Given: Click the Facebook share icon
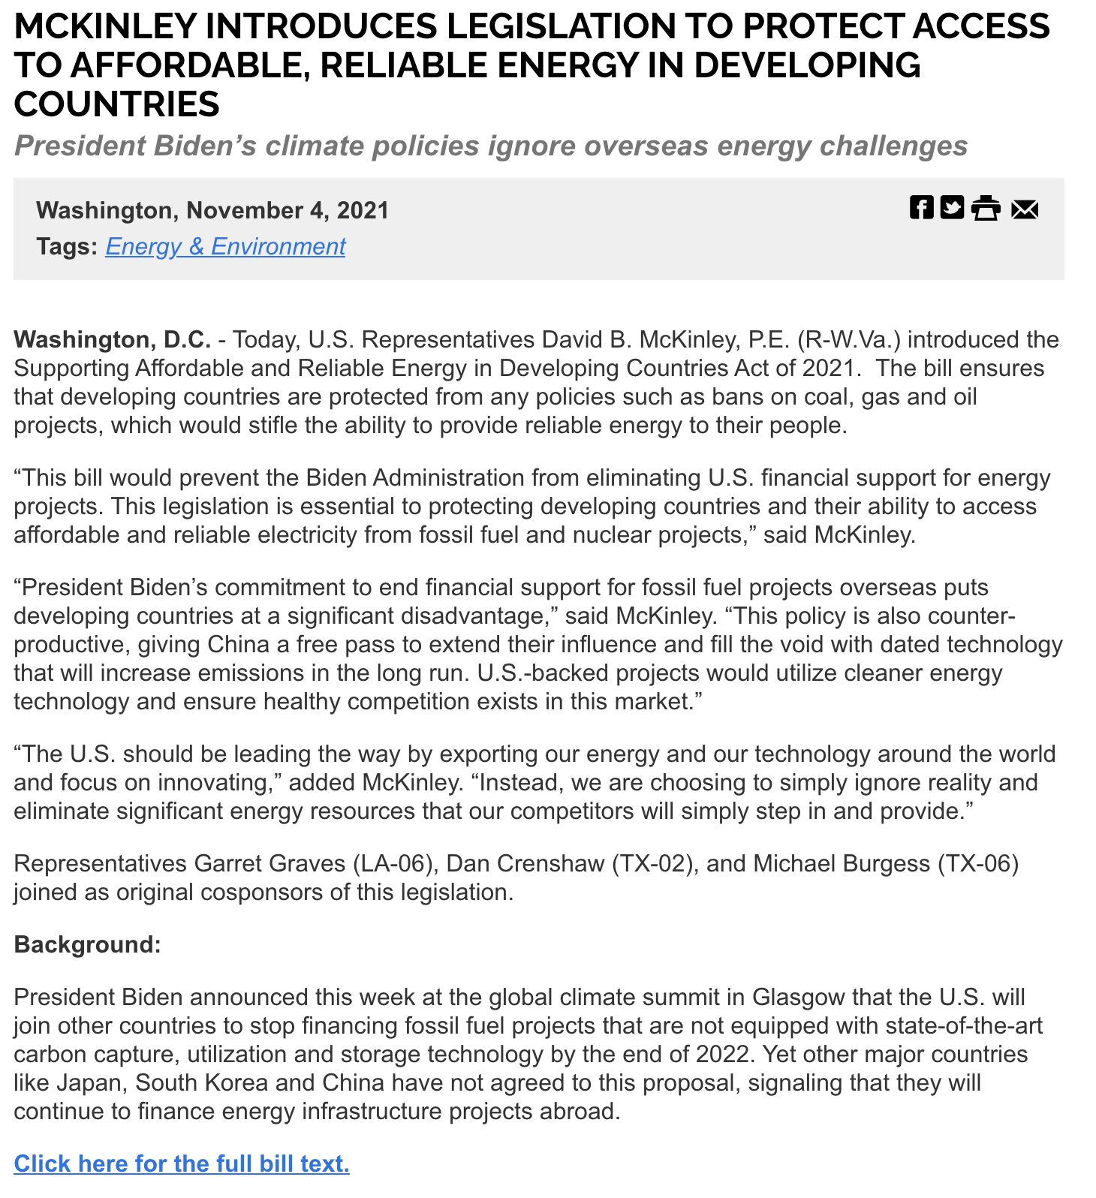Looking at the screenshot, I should (x=921, y=207).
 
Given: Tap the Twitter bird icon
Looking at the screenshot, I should (x=952, y=207).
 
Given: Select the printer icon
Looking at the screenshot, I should (x=986, y=208).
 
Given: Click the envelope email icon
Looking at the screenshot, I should (x=1025, y=209).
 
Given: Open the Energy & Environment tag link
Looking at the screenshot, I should (x=225, y=246).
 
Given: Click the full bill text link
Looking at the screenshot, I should (x=182, y=1163).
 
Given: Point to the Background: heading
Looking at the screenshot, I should (x=88, y=944).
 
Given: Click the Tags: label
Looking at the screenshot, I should (x=67, y=246).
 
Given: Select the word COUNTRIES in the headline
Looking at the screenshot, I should (x=117, y=104).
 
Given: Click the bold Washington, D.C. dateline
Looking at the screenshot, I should (x=113, y=340).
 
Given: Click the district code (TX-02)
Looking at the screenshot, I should (x=652, y=864).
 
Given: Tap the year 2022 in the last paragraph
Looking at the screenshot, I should (x=721, y=1055).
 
